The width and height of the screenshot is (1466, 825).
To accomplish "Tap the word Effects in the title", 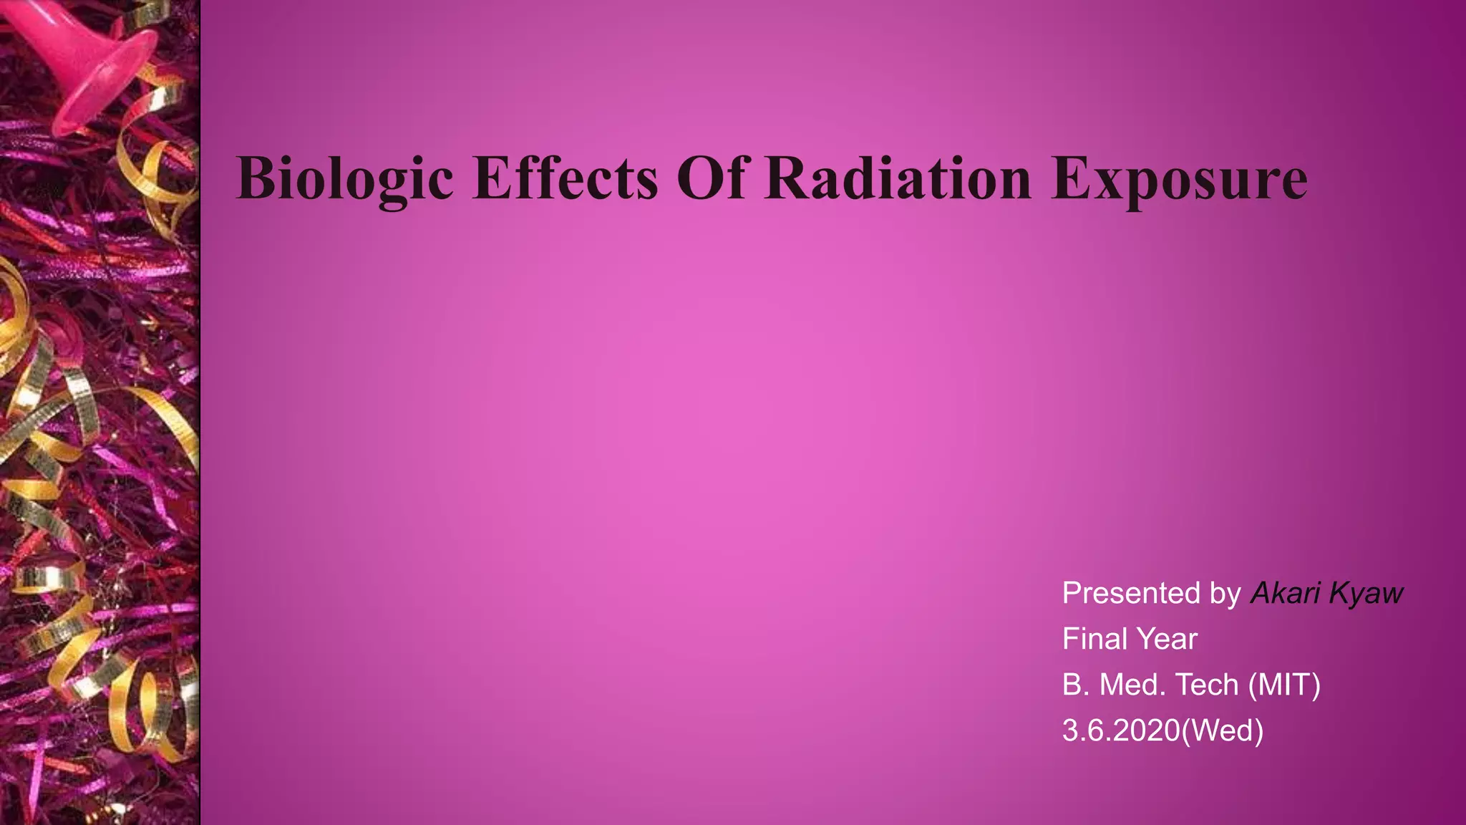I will [x=565, y=178].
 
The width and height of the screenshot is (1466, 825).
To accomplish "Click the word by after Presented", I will [x=1225, y=594].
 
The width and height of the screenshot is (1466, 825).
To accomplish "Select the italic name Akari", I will [x=1285, y=593].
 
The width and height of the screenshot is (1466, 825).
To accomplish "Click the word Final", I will [x=1090, y=639].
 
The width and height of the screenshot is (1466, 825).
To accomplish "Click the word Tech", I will [x=1207, y=685].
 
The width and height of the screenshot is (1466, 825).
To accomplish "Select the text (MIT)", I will [x=1284, y=685].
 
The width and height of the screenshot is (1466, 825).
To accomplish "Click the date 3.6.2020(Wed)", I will [x=1162, y=730].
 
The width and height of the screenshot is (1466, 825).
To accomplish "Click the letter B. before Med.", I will [x=1075, y=685].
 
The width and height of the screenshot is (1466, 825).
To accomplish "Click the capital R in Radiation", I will [x=783, y=178].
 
